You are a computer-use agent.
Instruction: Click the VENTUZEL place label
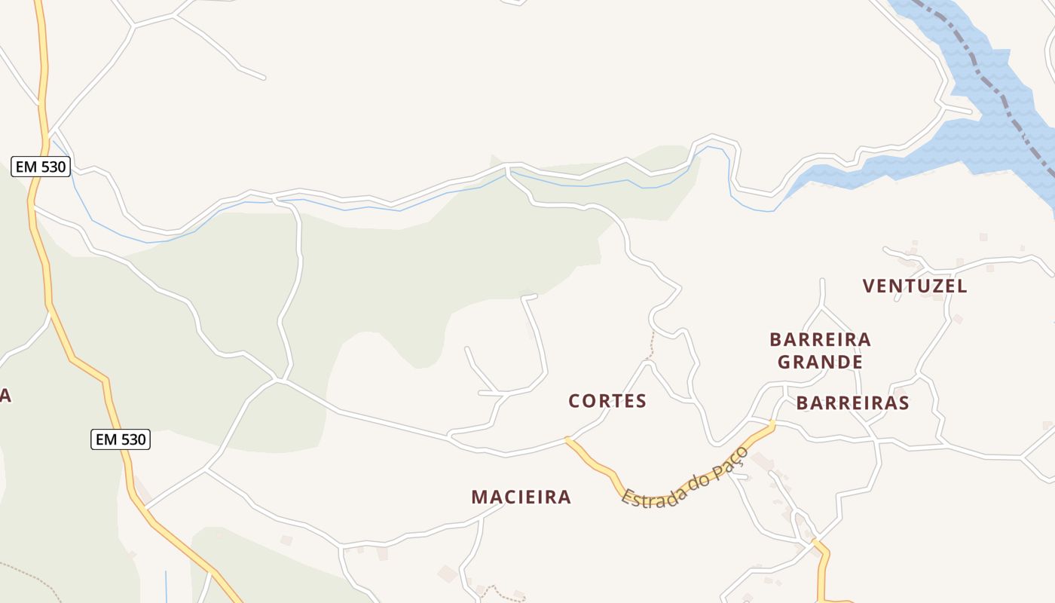(915, 286)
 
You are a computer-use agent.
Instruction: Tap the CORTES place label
(607, 401)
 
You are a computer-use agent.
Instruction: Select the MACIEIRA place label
(521, 497)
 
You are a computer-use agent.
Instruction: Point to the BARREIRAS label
(852, 403)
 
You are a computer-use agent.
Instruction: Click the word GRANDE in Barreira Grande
(820, 363)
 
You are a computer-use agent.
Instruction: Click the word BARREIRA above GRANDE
(820, 340)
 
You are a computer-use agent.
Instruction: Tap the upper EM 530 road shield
(41, 167)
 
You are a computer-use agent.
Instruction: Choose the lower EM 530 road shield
(121, 439)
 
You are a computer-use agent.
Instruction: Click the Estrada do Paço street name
(684, 478)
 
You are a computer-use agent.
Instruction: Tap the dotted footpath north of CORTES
(652, 345)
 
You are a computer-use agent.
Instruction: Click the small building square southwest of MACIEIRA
(286, 540)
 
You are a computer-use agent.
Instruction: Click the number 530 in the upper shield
(52, 167)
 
